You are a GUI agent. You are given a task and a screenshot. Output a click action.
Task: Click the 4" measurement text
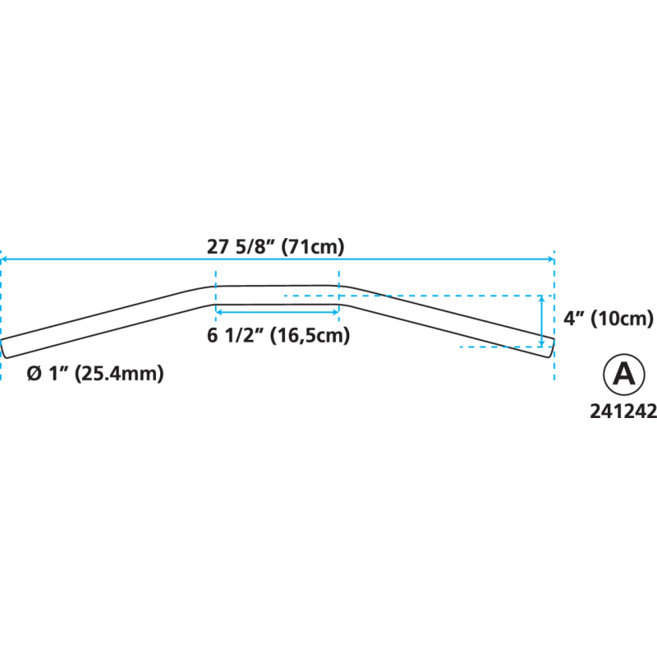(572, 319)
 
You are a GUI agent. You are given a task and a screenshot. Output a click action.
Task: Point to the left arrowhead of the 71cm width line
(4, 259)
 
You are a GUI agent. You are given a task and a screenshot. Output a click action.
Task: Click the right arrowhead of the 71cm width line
(551, 259)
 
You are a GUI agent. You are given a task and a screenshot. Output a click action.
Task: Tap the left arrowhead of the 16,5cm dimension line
(218, 311)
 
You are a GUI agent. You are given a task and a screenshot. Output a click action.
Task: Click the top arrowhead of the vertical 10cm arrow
(542, 300)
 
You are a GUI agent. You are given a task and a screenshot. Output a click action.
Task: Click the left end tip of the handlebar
(4, 347)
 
